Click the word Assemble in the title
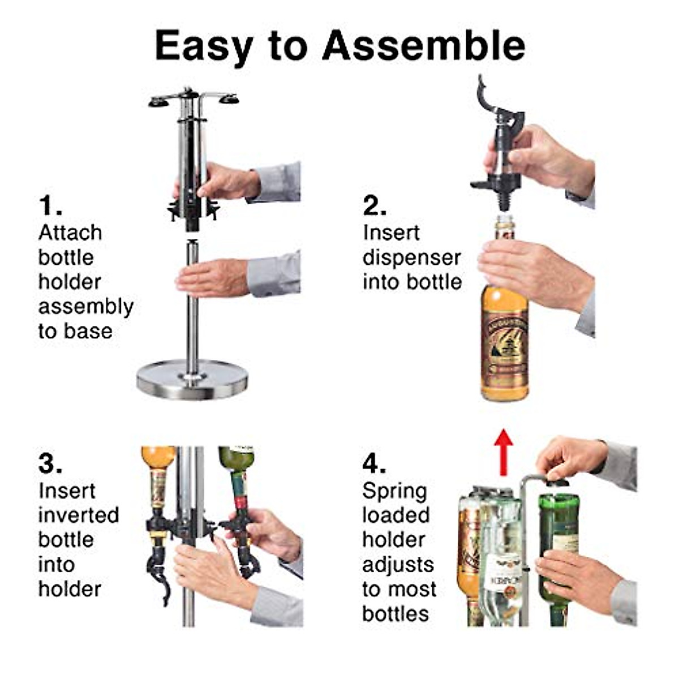[x=423, y=46]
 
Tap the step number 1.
[x=50, y=206]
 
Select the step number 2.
[x=374, y=206]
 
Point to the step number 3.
[x=50, y=464]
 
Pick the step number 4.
[x=374, y=464]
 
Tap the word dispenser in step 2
[x=411, y=257]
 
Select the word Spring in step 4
[x=394, y=491]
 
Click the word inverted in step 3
[x=79, y=515]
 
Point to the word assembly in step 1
[x=85, y=307]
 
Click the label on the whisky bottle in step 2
[x=504, y=345]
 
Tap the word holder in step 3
[x=70, y=589]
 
